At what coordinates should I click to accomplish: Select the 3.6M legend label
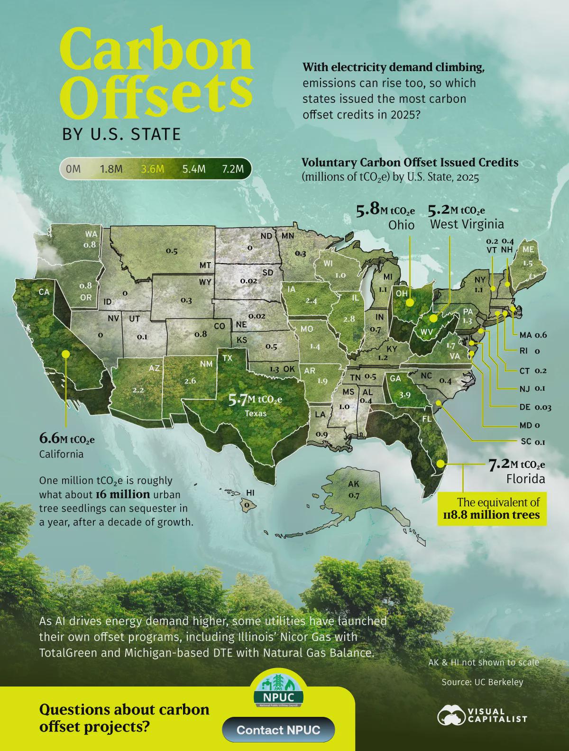(152, 169)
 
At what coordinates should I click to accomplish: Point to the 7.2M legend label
(232, 169)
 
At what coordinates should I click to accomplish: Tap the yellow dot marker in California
(65, 354)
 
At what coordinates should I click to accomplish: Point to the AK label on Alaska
(353, 484)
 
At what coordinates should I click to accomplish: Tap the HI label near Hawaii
(250, 493)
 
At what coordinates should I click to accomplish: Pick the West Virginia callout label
(467, 224)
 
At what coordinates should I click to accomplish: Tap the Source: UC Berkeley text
(482, 682)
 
